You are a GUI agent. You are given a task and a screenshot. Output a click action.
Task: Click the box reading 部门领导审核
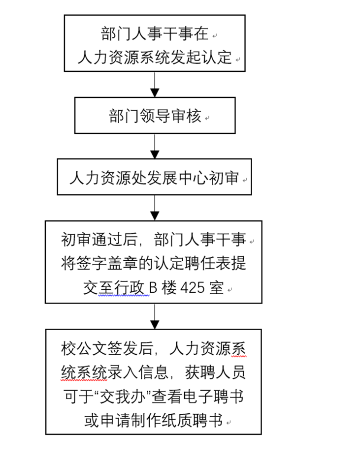pos(155,115)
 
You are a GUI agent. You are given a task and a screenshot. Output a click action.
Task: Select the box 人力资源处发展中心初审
pos(154,177)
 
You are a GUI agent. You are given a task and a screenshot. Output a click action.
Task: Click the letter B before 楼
pos(153,287)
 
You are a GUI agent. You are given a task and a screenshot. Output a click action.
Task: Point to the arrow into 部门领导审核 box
pos(155,85)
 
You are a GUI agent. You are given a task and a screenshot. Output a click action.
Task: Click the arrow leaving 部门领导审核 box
pos(155,147)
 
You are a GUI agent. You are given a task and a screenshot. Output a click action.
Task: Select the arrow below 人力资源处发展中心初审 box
pos(155,208)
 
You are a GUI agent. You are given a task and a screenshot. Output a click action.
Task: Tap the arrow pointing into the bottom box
pos(155,316)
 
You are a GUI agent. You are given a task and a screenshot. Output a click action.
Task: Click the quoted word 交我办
pos(123,397)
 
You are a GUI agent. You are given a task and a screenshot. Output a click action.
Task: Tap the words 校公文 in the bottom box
pos(84,349)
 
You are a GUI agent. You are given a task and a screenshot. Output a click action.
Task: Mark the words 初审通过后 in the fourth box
pos(99,239)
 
